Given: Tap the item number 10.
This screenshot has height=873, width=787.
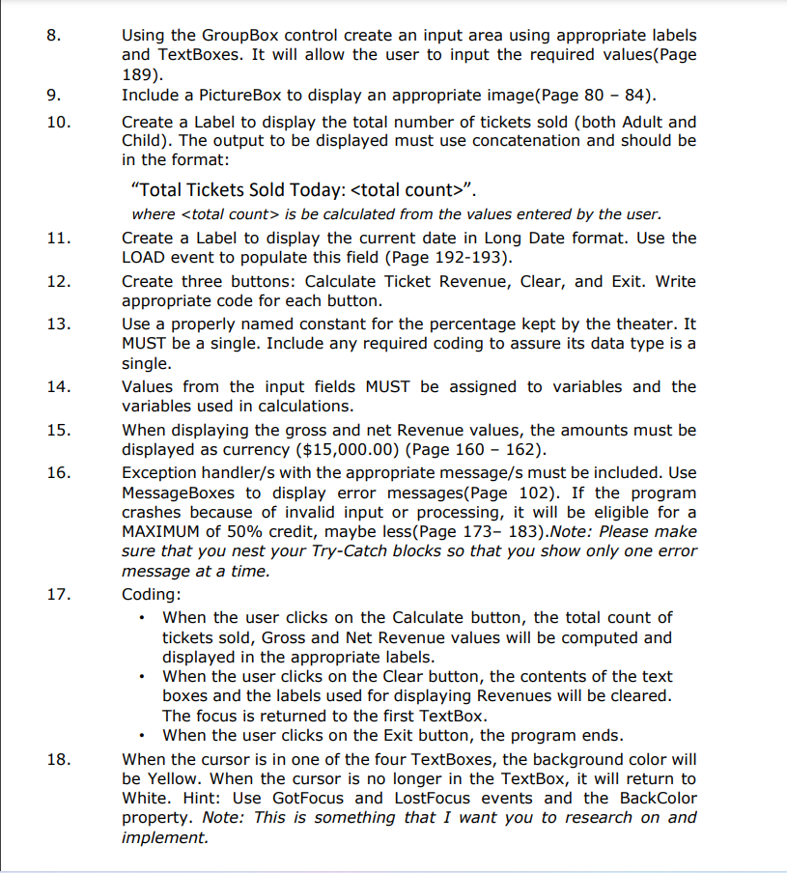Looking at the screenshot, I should click(x=57, y=123).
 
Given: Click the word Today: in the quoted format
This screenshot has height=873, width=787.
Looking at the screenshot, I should click(x=311, y=187).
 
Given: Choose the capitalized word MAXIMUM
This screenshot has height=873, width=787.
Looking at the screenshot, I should click(x=161, y=532).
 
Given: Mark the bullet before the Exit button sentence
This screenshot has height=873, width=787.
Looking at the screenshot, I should click(x=143, y=735).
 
